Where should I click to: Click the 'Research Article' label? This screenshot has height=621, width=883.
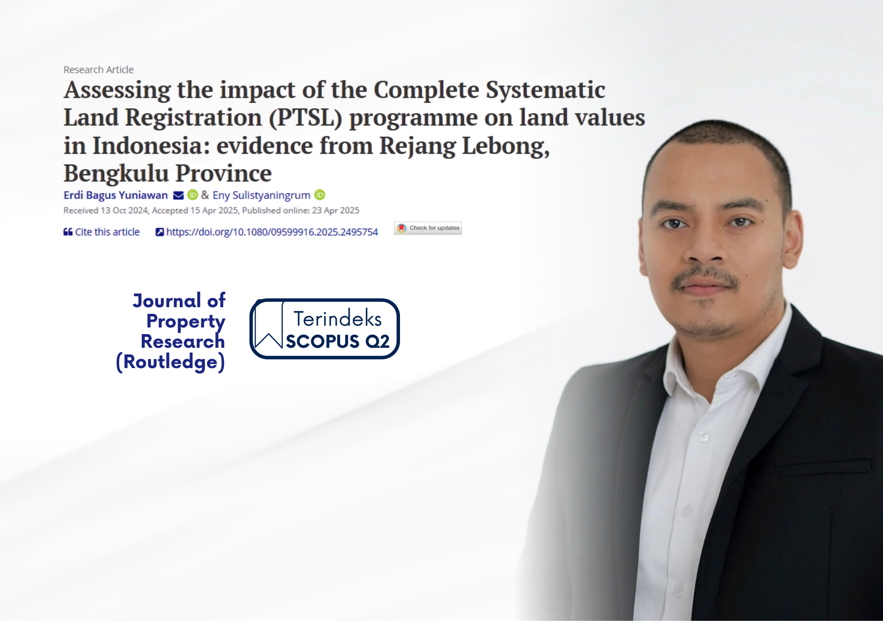click(98, 70)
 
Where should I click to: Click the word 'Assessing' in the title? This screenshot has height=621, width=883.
click(117, 90)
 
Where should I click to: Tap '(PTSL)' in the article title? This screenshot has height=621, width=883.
click(306, 118)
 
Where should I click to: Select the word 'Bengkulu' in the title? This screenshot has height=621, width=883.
click(116, 173)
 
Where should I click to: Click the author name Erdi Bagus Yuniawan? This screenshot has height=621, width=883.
click(116, 195)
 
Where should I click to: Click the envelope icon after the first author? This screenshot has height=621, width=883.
click(178, 195)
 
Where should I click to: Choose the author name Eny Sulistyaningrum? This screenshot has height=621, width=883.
click(261, 195)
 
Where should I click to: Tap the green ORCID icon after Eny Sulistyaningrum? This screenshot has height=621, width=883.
click(320, 195)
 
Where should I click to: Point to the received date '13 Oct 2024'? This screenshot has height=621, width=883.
click(125, 211)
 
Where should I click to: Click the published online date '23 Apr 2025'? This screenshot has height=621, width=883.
click(336, 211)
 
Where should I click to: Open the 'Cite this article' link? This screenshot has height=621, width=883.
click(102, 232)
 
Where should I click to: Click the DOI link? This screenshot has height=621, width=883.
click(267, 232)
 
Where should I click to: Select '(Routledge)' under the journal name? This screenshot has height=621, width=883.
click(170, 362)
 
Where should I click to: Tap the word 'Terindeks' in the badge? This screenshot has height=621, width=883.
click(338, 318)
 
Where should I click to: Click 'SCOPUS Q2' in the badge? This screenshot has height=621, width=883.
click(338, 341)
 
